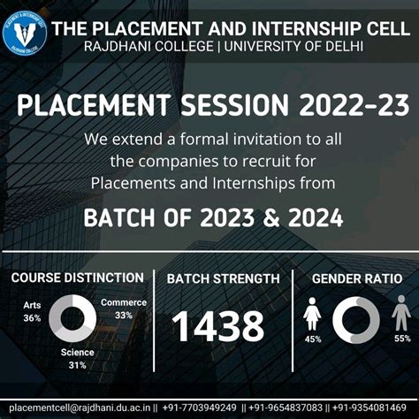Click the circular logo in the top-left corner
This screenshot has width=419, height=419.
(x=25, y=34)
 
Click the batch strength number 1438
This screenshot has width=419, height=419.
(x=217, y=327)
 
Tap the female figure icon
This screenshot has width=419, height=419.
(x=312, y=315)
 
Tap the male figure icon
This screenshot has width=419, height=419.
(x=401, y=315)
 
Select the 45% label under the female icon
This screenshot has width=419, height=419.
(x=312, y=339)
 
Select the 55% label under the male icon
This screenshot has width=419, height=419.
(x=402, y=339)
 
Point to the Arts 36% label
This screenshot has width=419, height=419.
(x=32, y=312)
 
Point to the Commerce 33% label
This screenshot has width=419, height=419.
(x=123, y=309)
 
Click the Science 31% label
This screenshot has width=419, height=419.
(x=79, y=359)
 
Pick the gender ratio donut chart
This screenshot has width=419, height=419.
(x=355, y=320)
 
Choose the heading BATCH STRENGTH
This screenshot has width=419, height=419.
(x=223, y=279)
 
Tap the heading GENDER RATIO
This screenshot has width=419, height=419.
(x=357, y=279)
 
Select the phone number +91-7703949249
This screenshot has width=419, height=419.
(x=200, y=408)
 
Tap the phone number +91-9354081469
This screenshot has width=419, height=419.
(x=375, y=408)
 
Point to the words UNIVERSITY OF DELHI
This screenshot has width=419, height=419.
(x=294, y=46)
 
